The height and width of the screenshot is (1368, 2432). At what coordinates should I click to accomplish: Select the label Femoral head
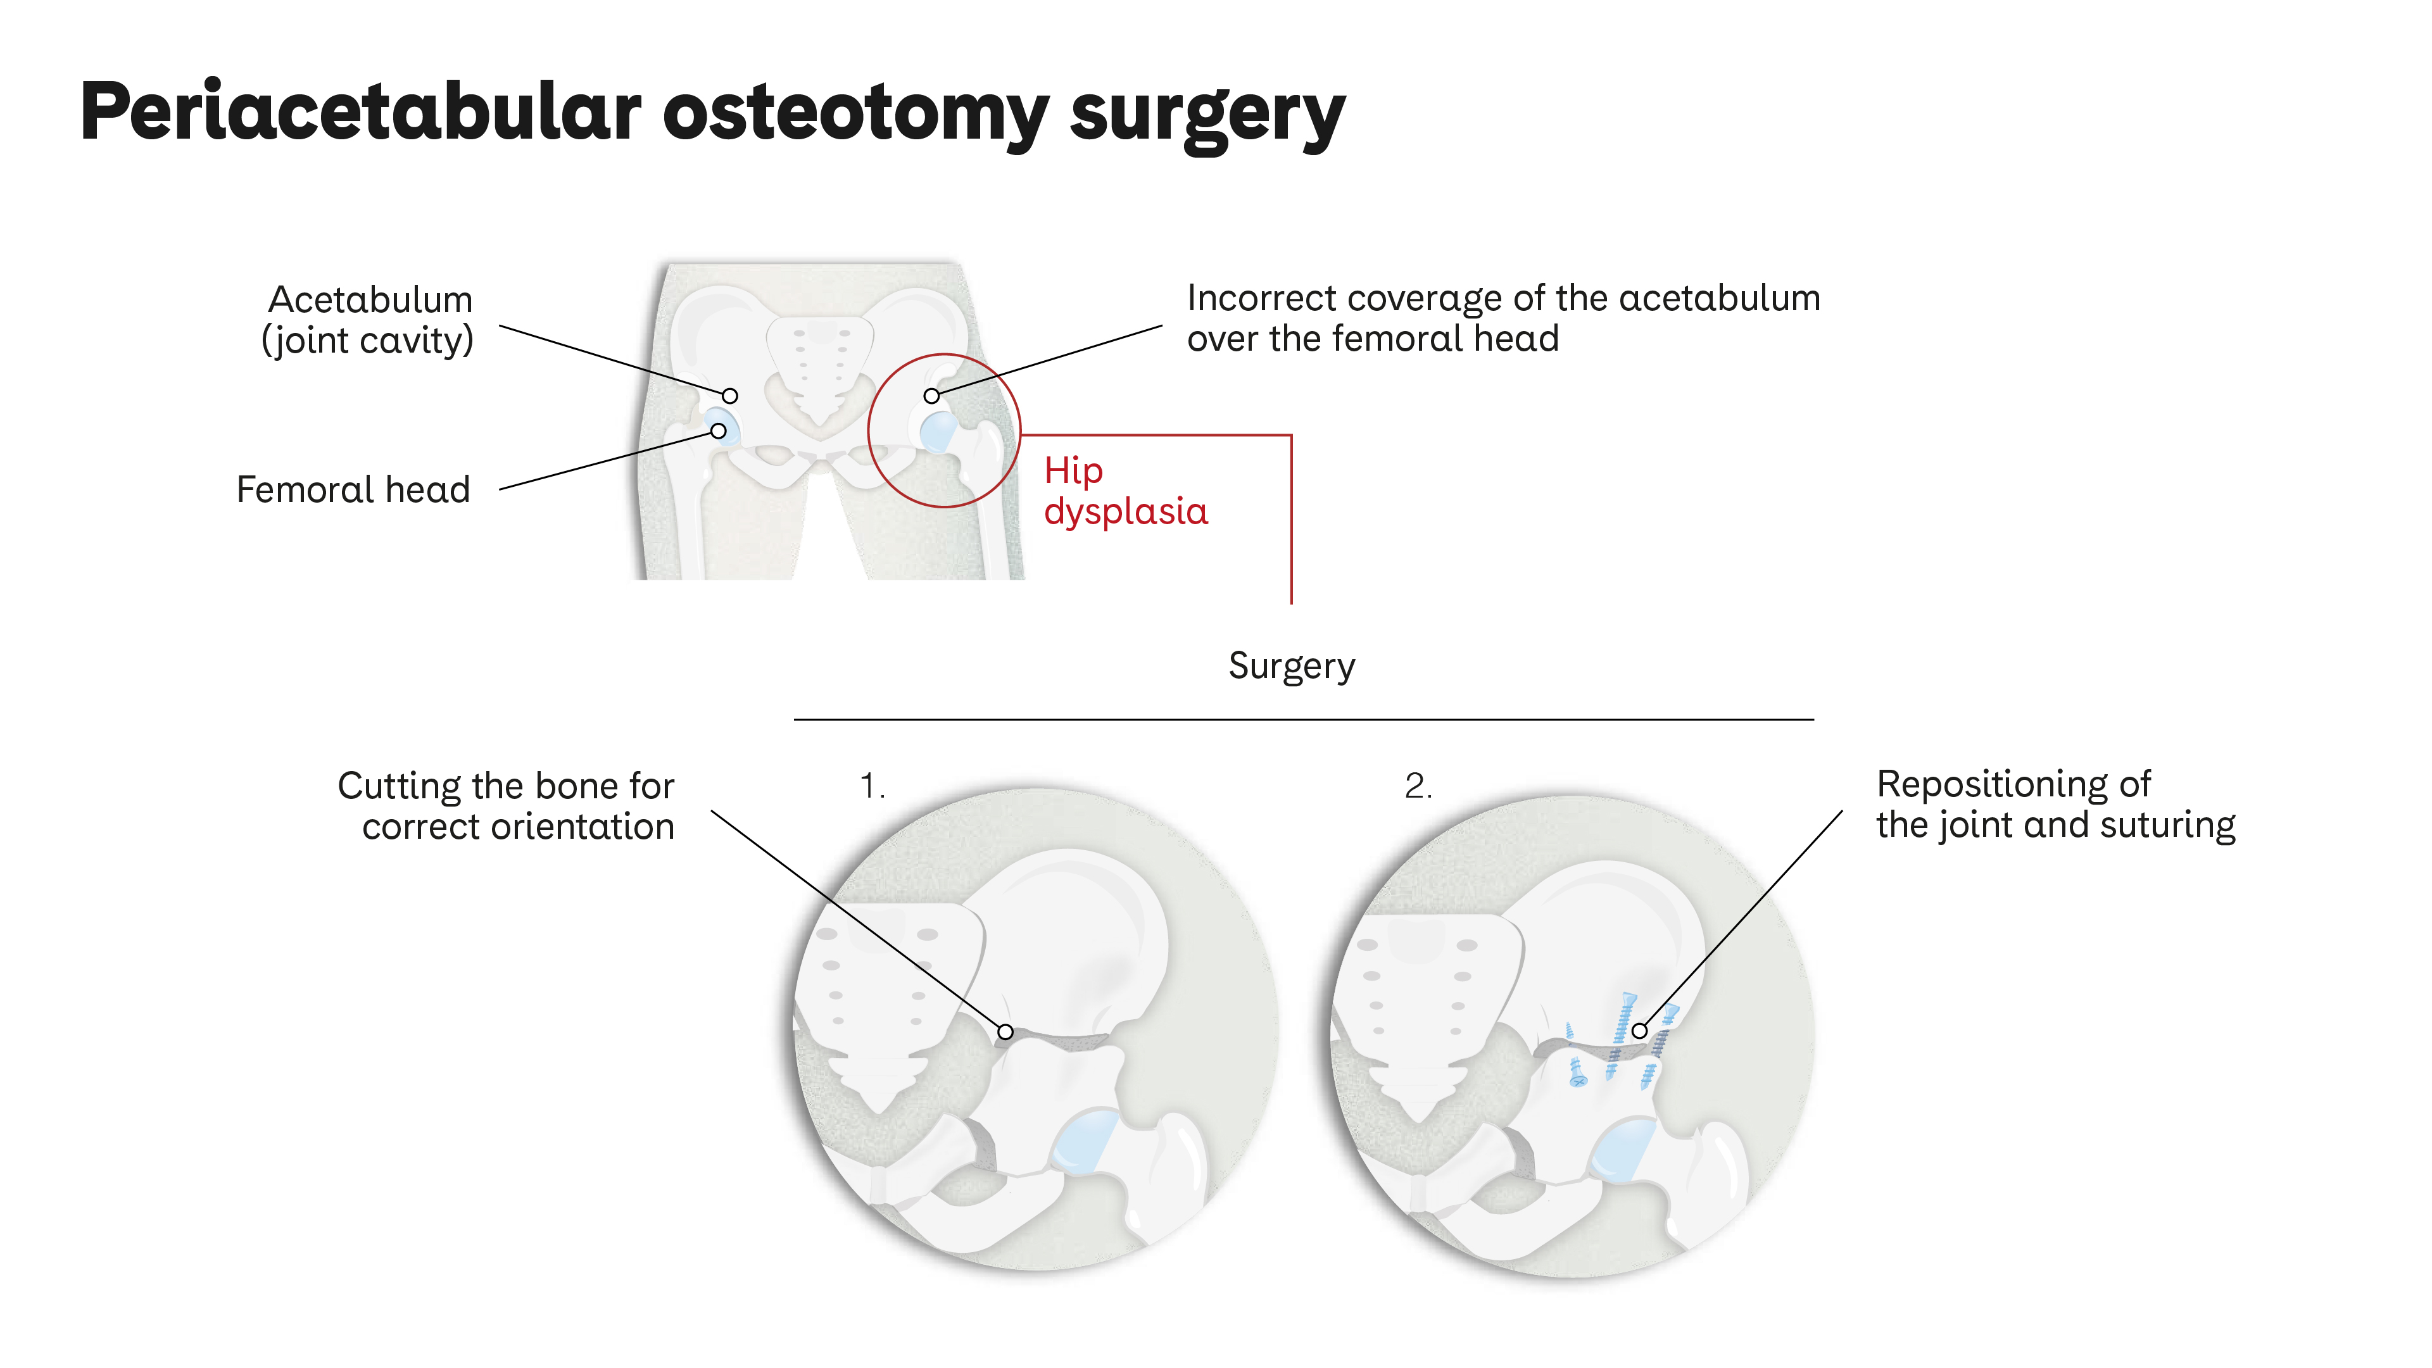353,489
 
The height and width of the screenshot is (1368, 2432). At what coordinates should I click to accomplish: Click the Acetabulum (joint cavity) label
369,320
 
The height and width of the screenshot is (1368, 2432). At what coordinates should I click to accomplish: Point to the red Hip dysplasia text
1125,491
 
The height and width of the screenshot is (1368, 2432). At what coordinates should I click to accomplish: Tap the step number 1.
871,786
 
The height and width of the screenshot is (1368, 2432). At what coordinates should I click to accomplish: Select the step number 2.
1418,786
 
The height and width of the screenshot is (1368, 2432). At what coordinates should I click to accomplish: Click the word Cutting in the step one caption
400,786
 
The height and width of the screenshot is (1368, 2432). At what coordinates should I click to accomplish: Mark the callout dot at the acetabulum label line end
730,396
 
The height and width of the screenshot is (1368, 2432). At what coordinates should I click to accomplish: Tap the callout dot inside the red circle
932,396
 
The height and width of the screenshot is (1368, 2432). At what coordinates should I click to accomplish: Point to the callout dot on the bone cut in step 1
1005,1032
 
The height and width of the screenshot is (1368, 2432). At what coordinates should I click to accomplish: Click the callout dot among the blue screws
1640,1031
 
